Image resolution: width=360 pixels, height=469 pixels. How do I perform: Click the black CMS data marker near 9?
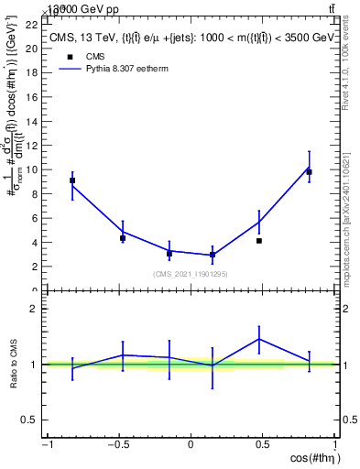(72, 180)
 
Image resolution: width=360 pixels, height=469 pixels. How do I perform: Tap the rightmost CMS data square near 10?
(310, 172)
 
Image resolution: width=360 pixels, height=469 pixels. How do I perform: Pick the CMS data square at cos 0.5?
(259, 241)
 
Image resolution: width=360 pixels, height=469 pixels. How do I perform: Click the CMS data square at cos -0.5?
(123, 238)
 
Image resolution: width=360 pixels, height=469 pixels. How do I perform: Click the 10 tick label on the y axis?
(31, 169)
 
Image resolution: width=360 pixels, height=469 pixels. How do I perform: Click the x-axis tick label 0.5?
(263, 445)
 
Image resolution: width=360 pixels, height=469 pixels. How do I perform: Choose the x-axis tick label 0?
(191, 445)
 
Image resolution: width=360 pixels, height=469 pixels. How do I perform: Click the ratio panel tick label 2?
(35, 310)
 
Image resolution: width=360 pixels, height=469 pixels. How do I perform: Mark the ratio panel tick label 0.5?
(31, 420)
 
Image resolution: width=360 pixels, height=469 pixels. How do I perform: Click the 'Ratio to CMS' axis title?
(13, 364)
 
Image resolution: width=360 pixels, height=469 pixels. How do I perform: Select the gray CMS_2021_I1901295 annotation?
(191, 273)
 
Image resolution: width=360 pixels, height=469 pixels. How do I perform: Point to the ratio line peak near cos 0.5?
(259, 339)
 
